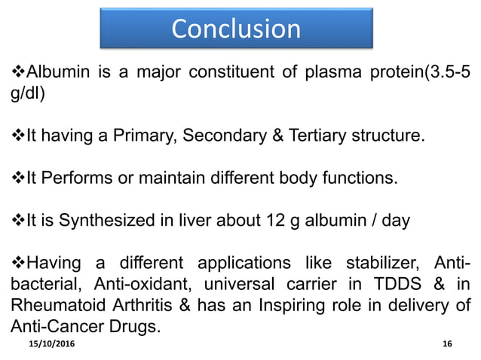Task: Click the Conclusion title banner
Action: [236, 28]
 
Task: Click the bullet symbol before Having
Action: [18, 265]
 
